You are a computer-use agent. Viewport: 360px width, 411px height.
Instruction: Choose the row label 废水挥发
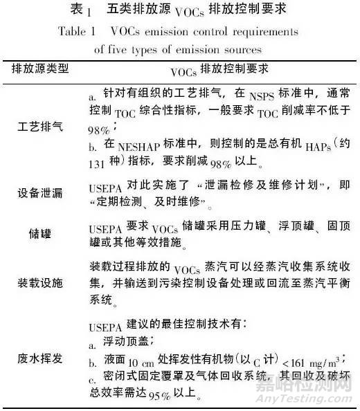[x=41, y=358]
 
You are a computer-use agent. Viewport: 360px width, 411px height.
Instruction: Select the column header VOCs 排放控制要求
[x=219, y=72]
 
